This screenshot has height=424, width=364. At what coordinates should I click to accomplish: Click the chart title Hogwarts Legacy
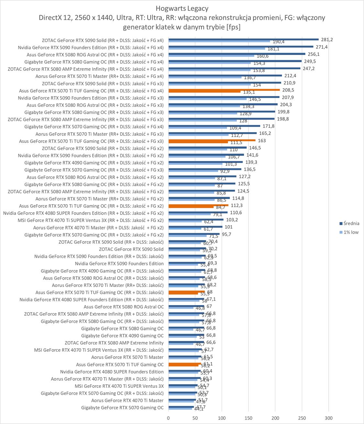pos(182,8)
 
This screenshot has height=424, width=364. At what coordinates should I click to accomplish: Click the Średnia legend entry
pos(351,223)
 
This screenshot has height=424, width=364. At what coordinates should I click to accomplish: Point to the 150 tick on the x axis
pos(248,418)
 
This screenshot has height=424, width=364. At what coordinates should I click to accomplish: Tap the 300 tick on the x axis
pos(328,418)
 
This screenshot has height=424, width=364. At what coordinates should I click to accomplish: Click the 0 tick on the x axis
pos(168,418)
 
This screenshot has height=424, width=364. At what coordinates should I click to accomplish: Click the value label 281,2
pos(327,40)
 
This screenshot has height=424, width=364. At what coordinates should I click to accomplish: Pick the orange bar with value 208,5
pos(224,90)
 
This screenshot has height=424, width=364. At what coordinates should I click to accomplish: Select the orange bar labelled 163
pos(212,140)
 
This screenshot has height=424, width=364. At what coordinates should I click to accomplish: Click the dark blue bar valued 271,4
pos(241,47)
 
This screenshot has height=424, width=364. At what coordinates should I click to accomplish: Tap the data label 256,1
pos(313,54)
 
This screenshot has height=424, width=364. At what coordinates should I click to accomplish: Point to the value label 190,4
pos(278,42)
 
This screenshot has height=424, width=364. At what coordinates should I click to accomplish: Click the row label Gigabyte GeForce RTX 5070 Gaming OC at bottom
pos(122,408)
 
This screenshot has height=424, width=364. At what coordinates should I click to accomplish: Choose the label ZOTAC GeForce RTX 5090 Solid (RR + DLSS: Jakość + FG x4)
pos(103,40)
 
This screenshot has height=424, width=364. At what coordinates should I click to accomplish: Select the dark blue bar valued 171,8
pos(214,126)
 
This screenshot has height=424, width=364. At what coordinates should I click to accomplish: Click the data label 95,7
pos(226,234)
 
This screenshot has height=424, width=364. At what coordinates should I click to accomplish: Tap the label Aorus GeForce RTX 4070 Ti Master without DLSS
pos(127,400)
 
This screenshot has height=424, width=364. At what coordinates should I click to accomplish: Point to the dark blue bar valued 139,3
pos(205,162)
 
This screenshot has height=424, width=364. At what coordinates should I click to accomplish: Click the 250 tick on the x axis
pos(302,418)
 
